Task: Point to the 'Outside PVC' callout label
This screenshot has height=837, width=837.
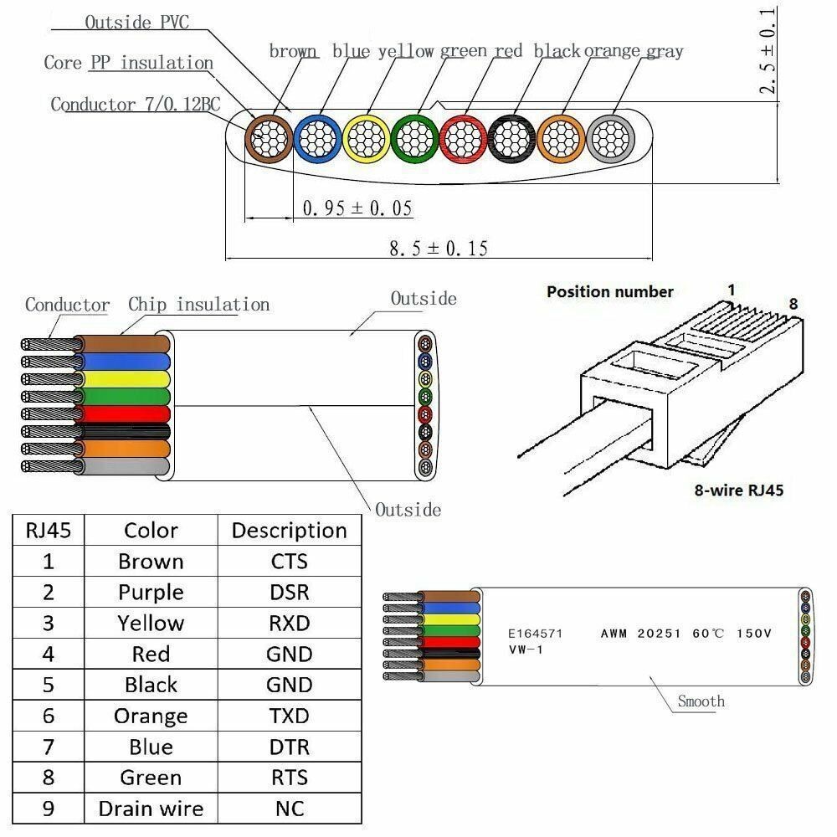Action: coord(136,22)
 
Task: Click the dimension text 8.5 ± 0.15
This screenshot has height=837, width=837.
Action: coord(439,248)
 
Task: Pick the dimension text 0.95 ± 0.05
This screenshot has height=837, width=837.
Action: coord(357,208)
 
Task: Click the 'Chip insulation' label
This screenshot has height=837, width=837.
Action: coord(198,304)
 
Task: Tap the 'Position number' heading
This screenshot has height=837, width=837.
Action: coord(609,291)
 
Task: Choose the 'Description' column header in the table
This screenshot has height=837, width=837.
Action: coord(289,530)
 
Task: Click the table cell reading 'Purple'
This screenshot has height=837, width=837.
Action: coord(151,592)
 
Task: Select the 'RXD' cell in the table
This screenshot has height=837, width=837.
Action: coord(289,623)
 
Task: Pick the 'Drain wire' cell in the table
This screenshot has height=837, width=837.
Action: coord(151,808)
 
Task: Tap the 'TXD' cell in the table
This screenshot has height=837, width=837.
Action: coord(289,716)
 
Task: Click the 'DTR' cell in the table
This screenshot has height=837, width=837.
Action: coord(289,747)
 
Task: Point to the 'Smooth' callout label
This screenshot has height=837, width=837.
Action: coord(701,701)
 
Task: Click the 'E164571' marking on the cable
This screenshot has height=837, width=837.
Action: coord(536,634)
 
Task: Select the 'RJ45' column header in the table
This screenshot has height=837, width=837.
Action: coord(49,530)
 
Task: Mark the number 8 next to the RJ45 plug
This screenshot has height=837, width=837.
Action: coord(793,303)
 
